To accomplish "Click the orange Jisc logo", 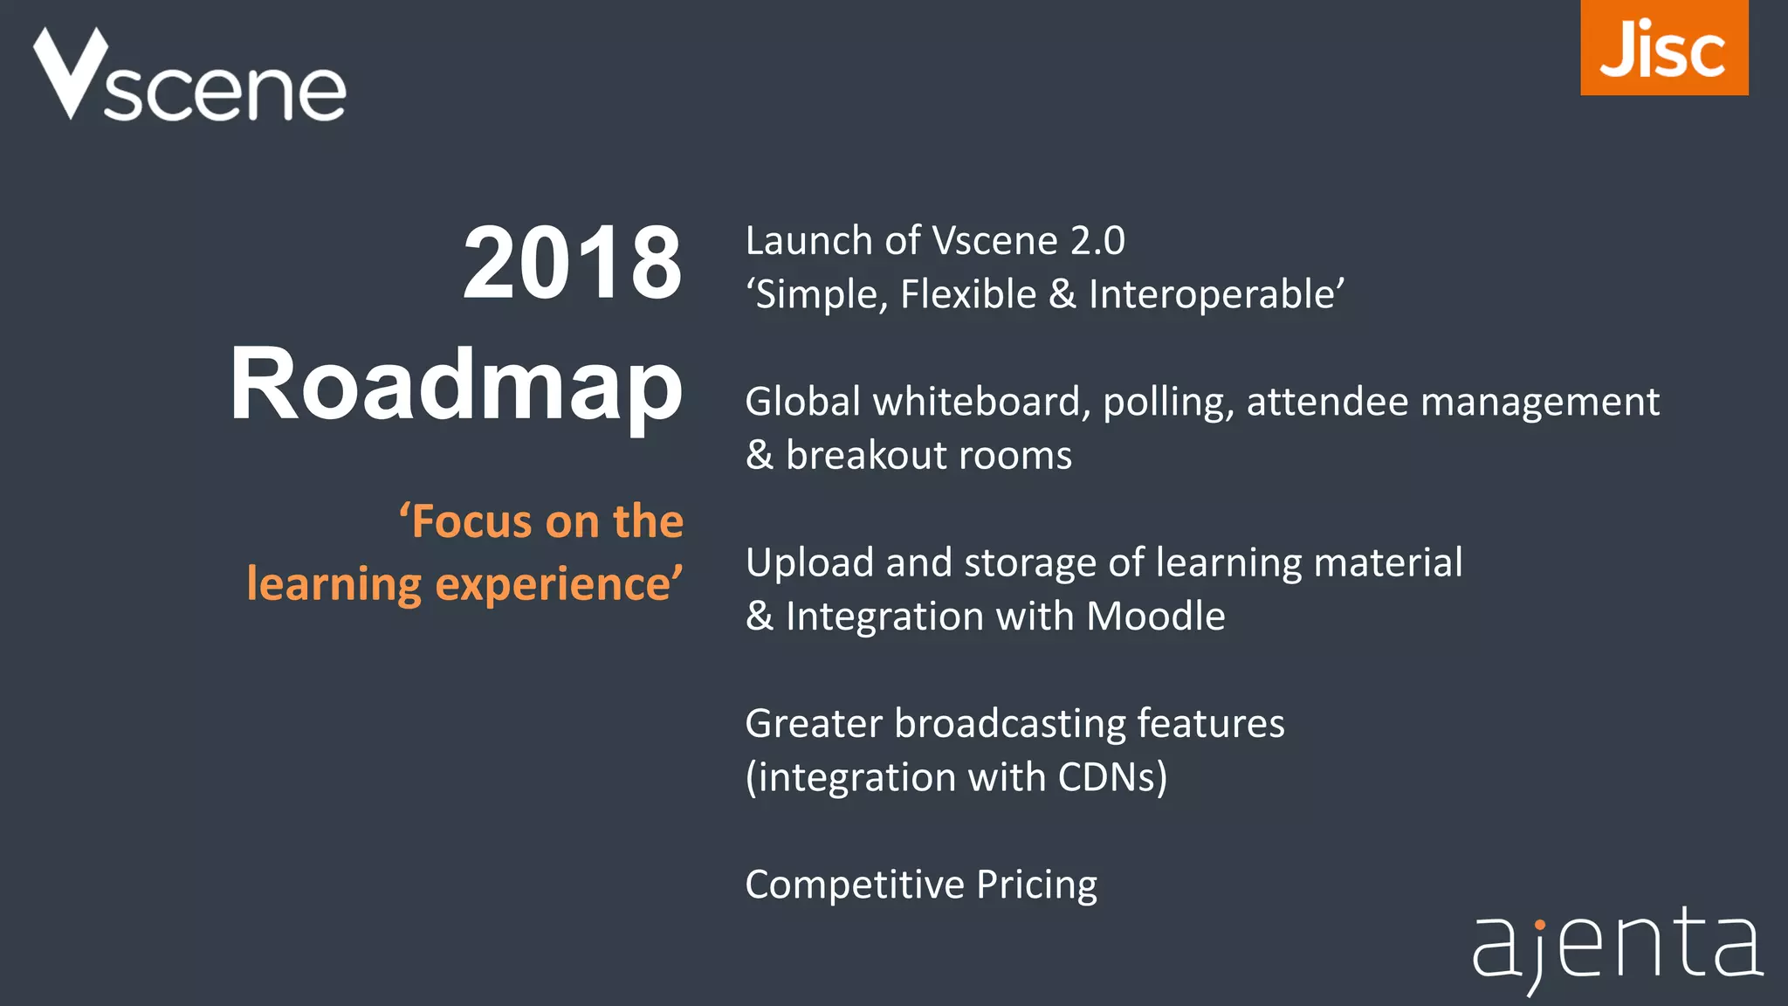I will click(1663, 48).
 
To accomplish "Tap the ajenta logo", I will click(1617, 947).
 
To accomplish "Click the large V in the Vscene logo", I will click(70, 74).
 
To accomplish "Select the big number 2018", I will click(572, 263).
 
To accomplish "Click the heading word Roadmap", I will click(456, 384).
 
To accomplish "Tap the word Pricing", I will click(1036, 885).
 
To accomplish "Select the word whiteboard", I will click(980, 402).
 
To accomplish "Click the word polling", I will click(1167, 403).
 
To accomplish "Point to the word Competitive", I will click(854, 885).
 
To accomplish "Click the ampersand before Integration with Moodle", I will click(760, 617).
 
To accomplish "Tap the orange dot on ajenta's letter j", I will click(1540, 924).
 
